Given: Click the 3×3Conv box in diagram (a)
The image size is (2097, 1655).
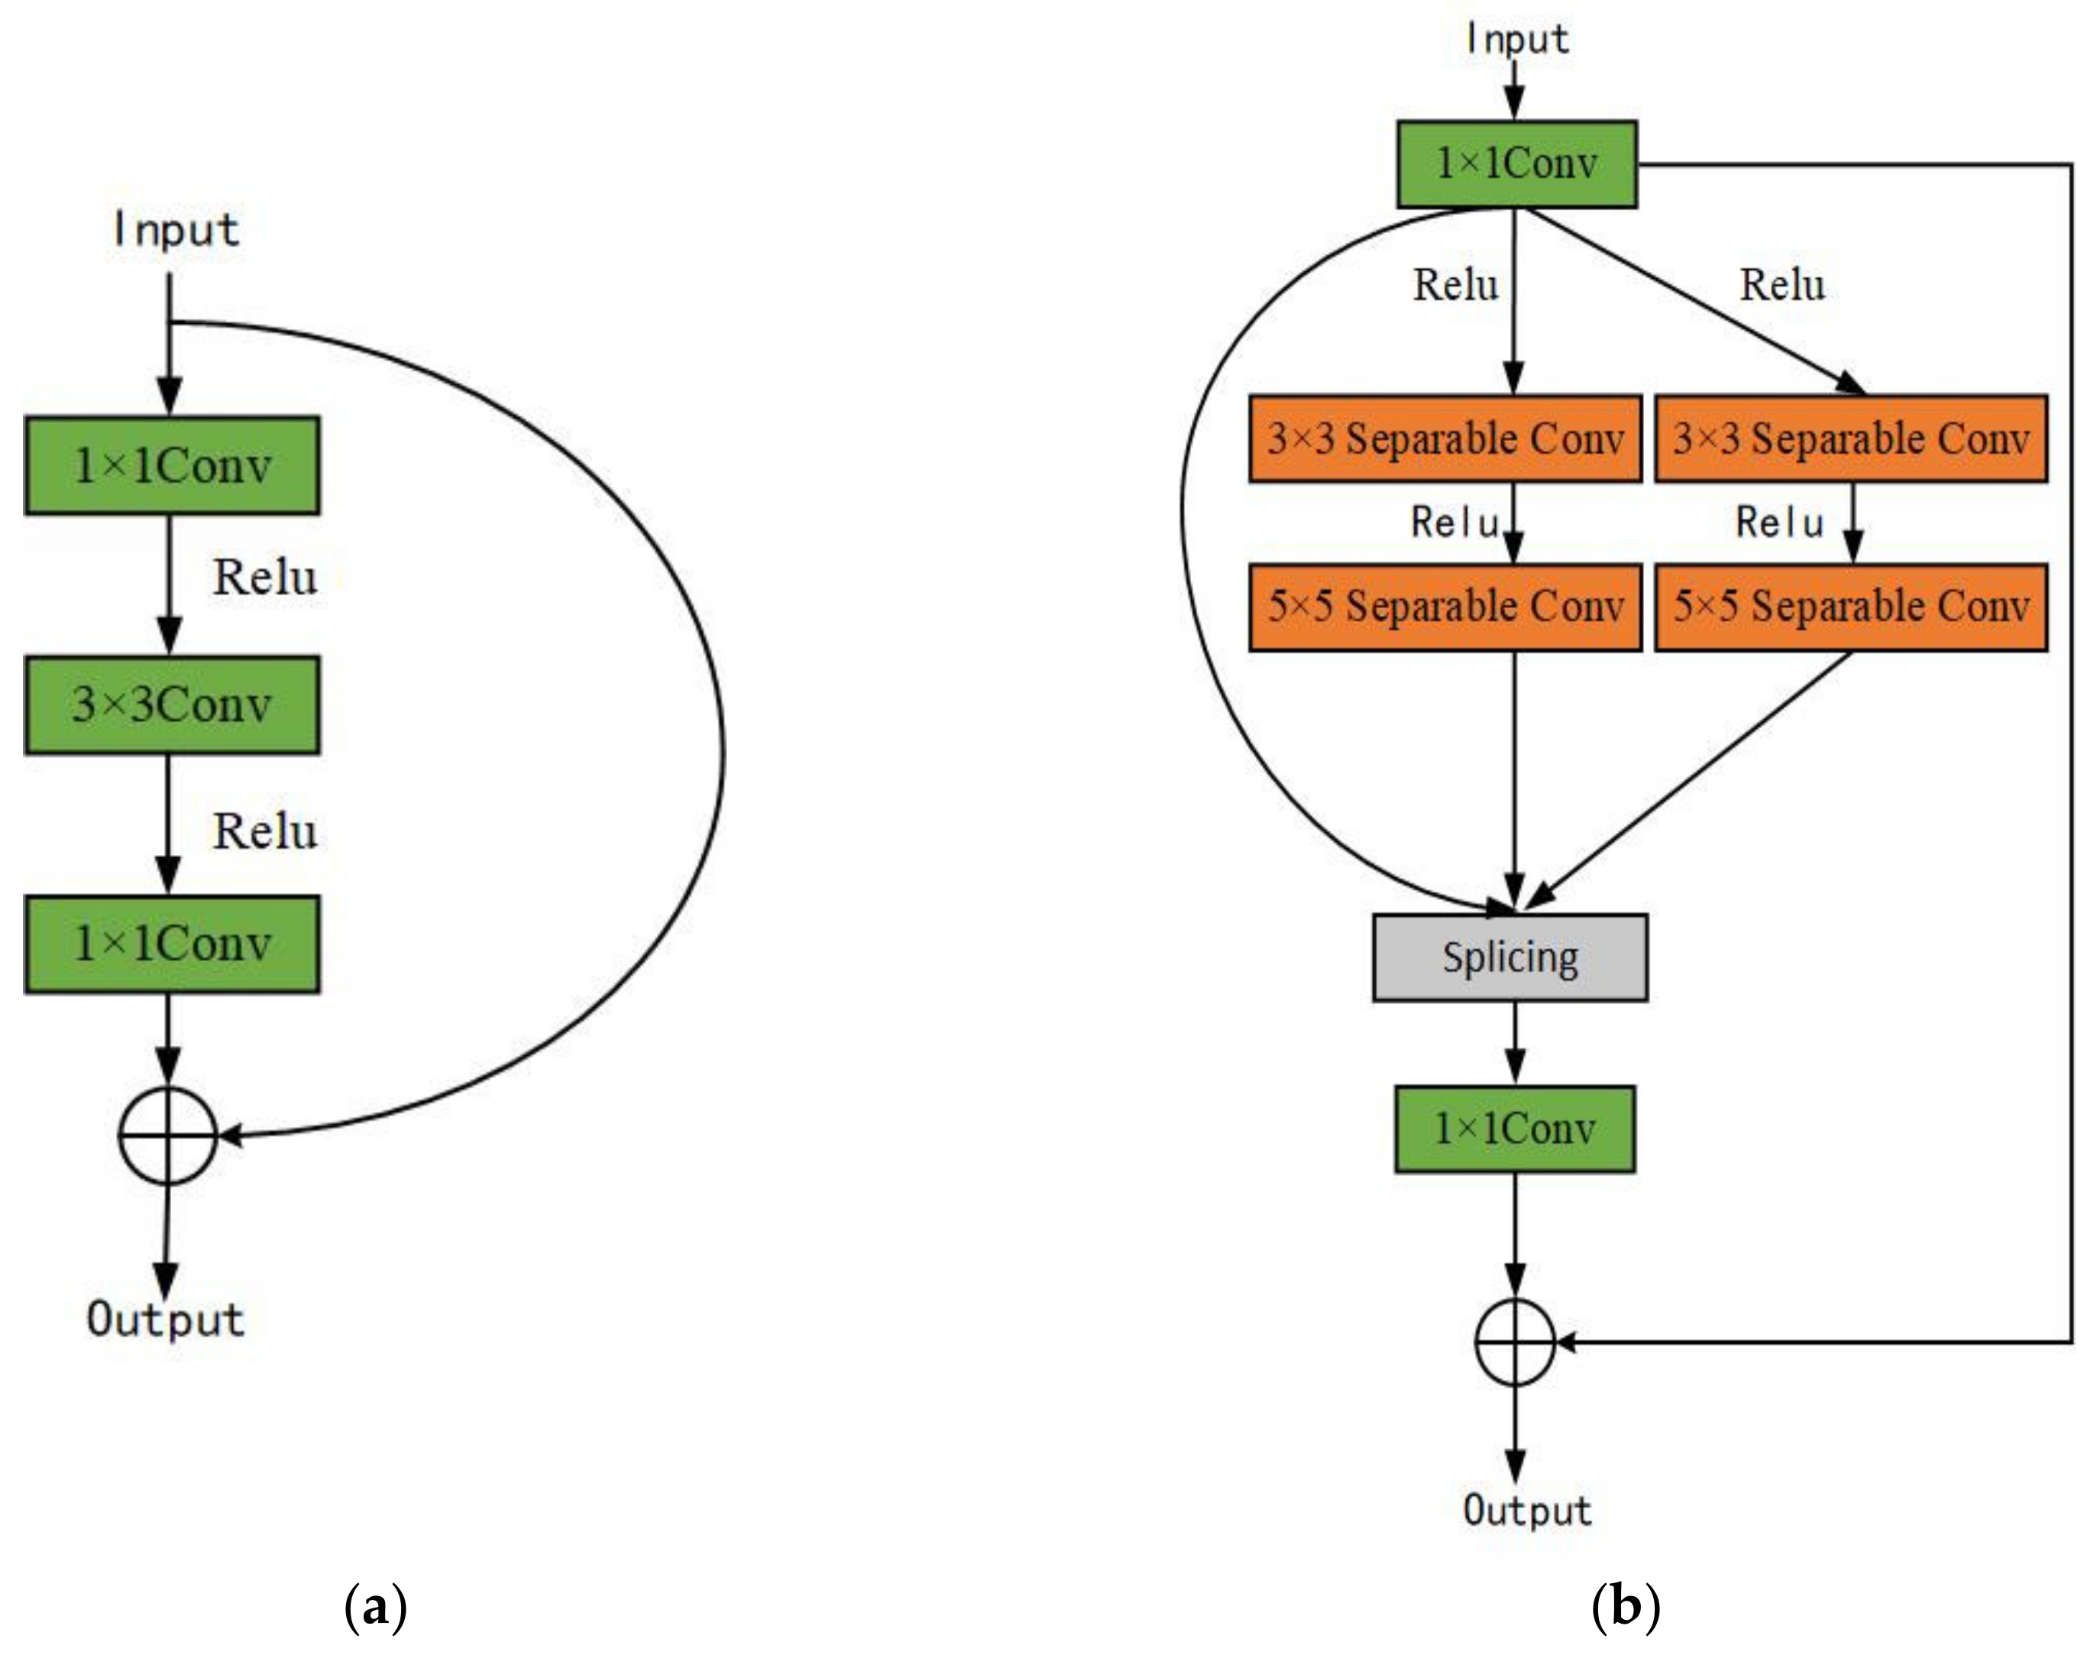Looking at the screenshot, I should click(x=171, y=704).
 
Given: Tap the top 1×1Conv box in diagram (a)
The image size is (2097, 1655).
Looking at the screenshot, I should click(x=171, y=465).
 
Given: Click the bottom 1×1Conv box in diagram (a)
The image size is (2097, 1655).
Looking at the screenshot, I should click(x=171, y=943).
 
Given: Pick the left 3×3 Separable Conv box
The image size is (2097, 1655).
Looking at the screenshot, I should click(x=1445, y=438).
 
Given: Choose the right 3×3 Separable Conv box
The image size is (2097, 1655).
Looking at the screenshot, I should click(x=1851, y=438).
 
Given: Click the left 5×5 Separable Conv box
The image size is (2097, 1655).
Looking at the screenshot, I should click(x=1445, y=607).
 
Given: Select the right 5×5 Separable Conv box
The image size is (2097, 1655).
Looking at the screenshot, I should click(x=1851, y=607).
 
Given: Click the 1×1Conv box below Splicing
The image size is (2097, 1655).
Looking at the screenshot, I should click(x=1515, y=1129).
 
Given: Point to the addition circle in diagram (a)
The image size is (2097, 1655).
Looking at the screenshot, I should click(x=167, y=1135).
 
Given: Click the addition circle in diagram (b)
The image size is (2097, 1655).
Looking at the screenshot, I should click(x=1515, y=1342).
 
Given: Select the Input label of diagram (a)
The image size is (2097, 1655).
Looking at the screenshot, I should click(x=175, y=231).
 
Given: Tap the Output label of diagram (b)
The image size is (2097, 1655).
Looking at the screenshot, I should click(x=1527, y=1511).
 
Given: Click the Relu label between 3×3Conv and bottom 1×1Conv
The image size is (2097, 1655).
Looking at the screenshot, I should click(x=264, y=831).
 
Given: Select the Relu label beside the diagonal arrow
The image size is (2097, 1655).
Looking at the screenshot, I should click(x=1782, y=285).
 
